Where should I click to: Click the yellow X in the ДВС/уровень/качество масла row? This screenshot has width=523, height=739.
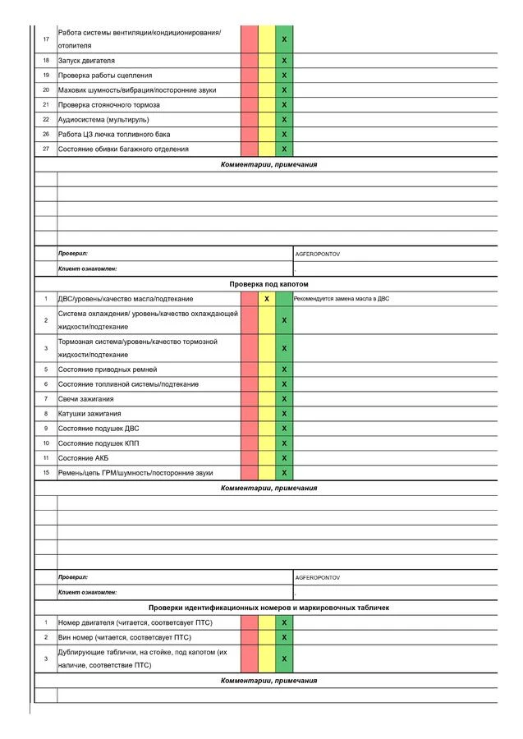[x=267, y=299]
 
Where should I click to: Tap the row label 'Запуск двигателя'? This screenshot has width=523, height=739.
[x=86, y=61]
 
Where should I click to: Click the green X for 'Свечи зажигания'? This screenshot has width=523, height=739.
[x=284, y=399]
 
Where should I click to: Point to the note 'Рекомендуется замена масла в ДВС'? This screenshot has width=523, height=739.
[x=342, y=299]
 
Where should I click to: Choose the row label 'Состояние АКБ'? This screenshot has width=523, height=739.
[x=83, y=458]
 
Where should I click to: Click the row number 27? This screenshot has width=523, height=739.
[x=46, y=149]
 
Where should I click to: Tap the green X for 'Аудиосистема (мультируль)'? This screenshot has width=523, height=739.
[x=284, y=120]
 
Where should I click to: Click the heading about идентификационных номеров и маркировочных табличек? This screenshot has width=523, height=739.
[x=268, y=608]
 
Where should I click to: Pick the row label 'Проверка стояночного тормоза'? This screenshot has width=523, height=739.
[x=109, y=105]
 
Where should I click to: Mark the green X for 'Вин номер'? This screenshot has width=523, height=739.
[x=284, y=637]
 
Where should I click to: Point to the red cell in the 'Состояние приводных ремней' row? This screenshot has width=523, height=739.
[x=250, y=369]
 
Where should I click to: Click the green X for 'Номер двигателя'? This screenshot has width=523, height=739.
[x=284, y=622]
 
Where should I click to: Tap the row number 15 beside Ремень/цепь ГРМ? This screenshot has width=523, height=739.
[x=46, y=473]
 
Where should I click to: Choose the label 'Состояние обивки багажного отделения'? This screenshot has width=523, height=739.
[x=123, y=149]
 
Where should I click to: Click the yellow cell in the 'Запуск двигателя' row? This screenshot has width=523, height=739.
[x=267, y=61]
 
